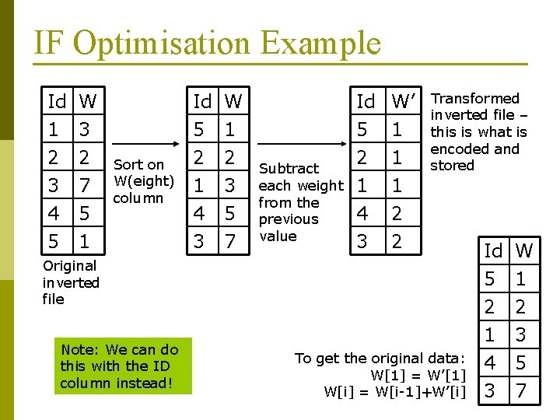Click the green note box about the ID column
pos(119,366)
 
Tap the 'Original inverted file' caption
pos(71,282)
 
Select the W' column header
pos(404,102)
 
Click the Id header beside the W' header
pos(366,102)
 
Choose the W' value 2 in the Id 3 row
pos(397,242)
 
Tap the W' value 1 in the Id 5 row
pos(397,129)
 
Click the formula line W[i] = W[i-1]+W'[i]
pos(394,391)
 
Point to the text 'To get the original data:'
pos(380,358)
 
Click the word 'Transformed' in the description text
pos(474,99)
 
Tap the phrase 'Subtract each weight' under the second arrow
pos(300,177)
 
